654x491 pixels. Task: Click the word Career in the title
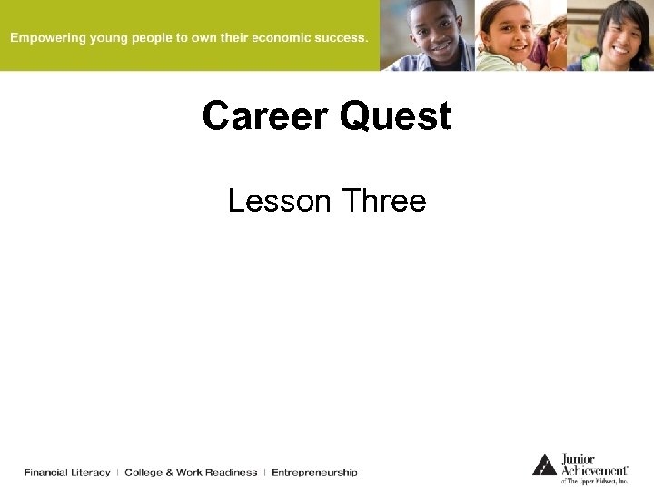[264, 116]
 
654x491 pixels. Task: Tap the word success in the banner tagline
[335, 38]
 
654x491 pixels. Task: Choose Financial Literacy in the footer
[67, 472]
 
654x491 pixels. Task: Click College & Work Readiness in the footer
[191, 472]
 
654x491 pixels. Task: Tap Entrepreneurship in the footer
[314, 472]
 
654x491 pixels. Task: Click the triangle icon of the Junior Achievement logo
[544, 465]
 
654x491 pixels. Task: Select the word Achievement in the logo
[594, 470]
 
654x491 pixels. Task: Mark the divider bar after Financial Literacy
[117, 472]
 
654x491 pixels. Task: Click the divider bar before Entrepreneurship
[264, 472]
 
